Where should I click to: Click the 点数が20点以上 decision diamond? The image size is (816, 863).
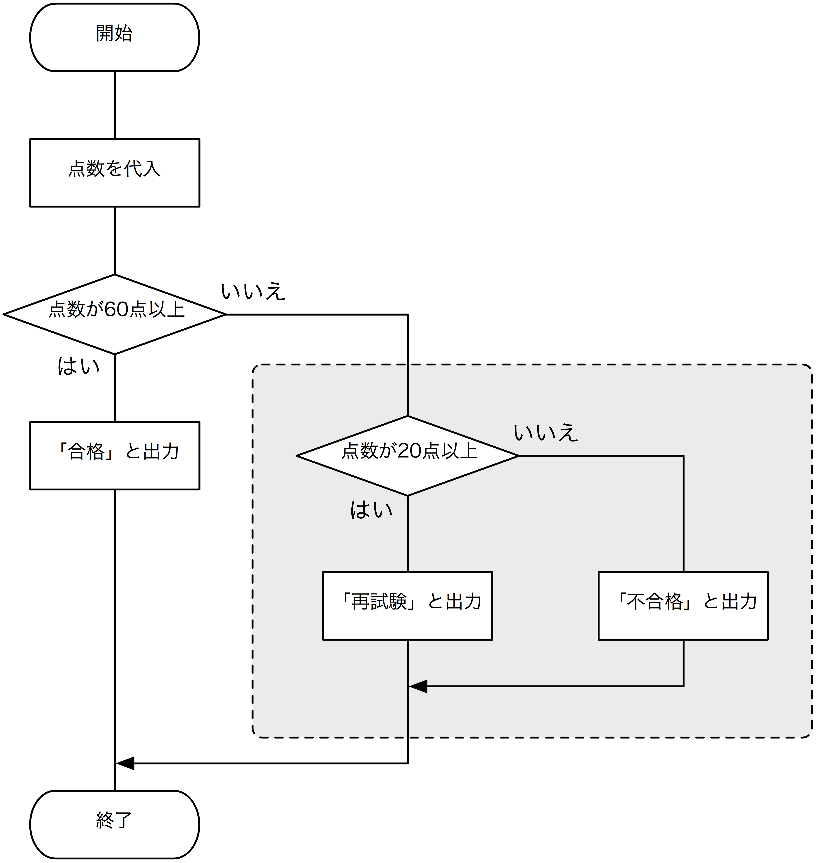tap(408, 455)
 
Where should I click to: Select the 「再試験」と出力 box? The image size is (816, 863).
tap(408, 605)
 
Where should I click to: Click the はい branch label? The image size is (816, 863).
tap(371, 510)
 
